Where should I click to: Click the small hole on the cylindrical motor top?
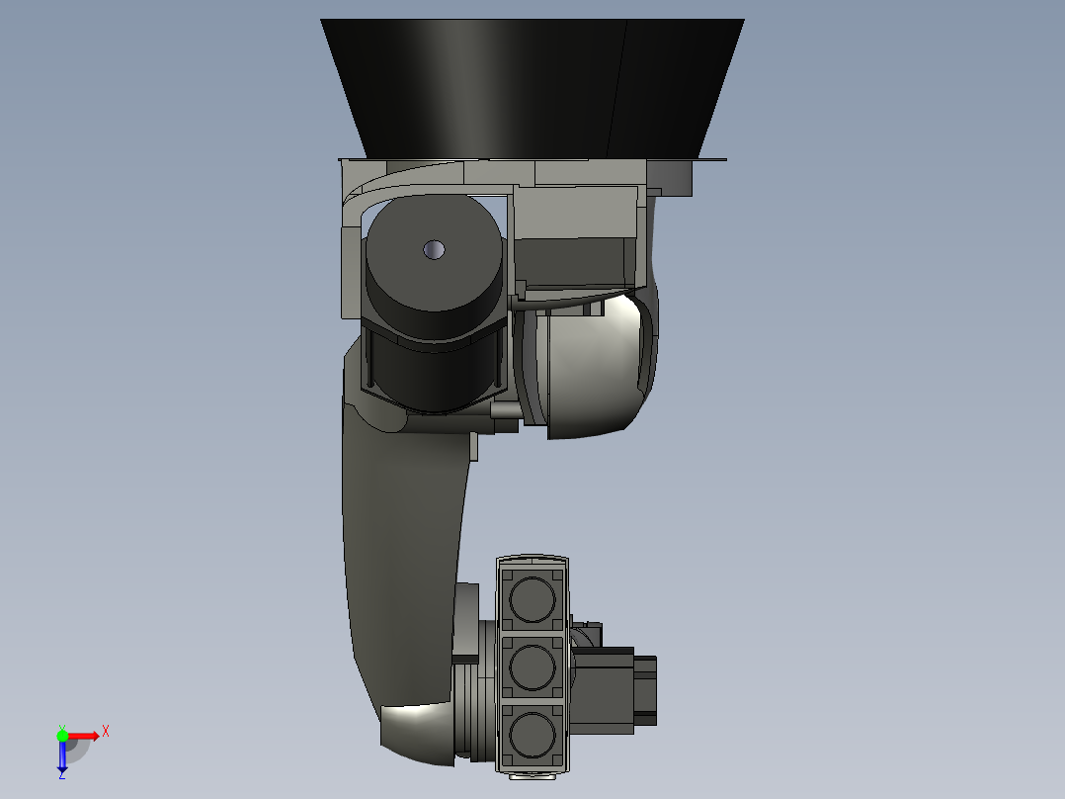[x=433, y=249]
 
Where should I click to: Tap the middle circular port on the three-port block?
[x=533, y=666]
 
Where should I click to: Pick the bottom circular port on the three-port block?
[x=533, y=735]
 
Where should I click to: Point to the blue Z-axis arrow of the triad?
[x=62, y=757]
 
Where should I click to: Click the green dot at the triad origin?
[x=62, y=735]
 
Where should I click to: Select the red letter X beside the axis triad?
[x=105, y=731]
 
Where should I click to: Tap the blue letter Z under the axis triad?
[x=61, y=775]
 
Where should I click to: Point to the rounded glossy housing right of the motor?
[x=593, y=366]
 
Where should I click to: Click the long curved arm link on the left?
[x=400, y=554]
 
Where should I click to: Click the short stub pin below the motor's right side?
[x=505, y=409]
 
